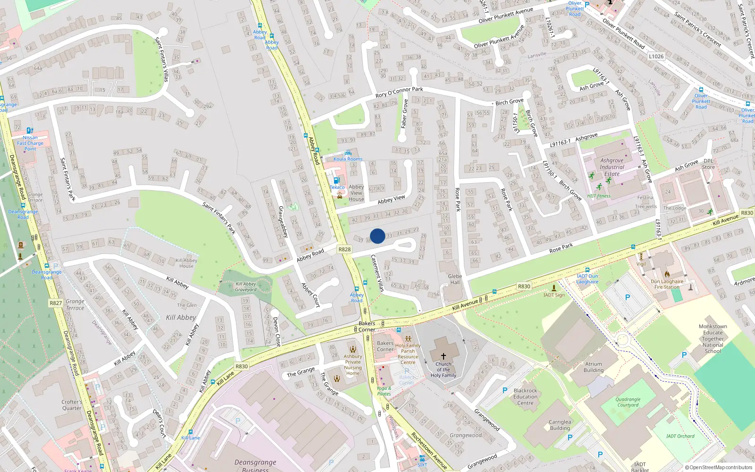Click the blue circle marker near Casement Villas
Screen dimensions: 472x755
[x=377, y=236]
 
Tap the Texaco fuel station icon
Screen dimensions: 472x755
[x=336, y=180]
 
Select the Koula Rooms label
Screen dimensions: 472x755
[x=348, y=159]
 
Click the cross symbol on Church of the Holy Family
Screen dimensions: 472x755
[x=443, y=356]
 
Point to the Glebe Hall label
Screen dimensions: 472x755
[x=455, y=279]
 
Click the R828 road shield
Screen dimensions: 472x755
[x=344, y=249]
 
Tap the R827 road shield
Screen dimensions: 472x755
[x=56, y=303]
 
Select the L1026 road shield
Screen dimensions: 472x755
[x=656, y=56]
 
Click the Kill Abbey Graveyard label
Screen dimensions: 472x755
[x=246, y=287]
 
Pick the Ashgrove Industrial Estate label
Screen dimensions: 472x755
[x=612, y=167]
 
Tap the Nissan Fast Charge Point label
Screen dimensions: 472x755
[x=30, y=143]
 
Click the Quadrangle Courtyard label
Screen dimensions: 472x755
[x=628, y=402]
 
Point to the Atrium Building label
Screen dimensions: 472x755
[x=594, y=367]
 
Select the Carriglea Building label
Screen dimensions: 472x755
[x=560, y=425]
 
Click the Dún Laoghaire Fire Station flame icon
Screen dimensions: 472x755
[x=667, y=274]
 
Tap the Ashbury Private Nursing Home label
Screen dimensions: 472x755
[x=352, y=365]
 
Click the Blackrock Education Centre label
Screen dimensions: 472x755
[x=525, y=396]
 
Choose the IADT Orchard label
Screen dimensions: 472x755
[x=680, y=436]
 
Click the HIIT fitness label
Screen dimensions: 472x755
[x=599, y=196]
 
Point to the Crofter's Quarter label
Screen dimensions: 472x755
[x=72, y=405]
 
